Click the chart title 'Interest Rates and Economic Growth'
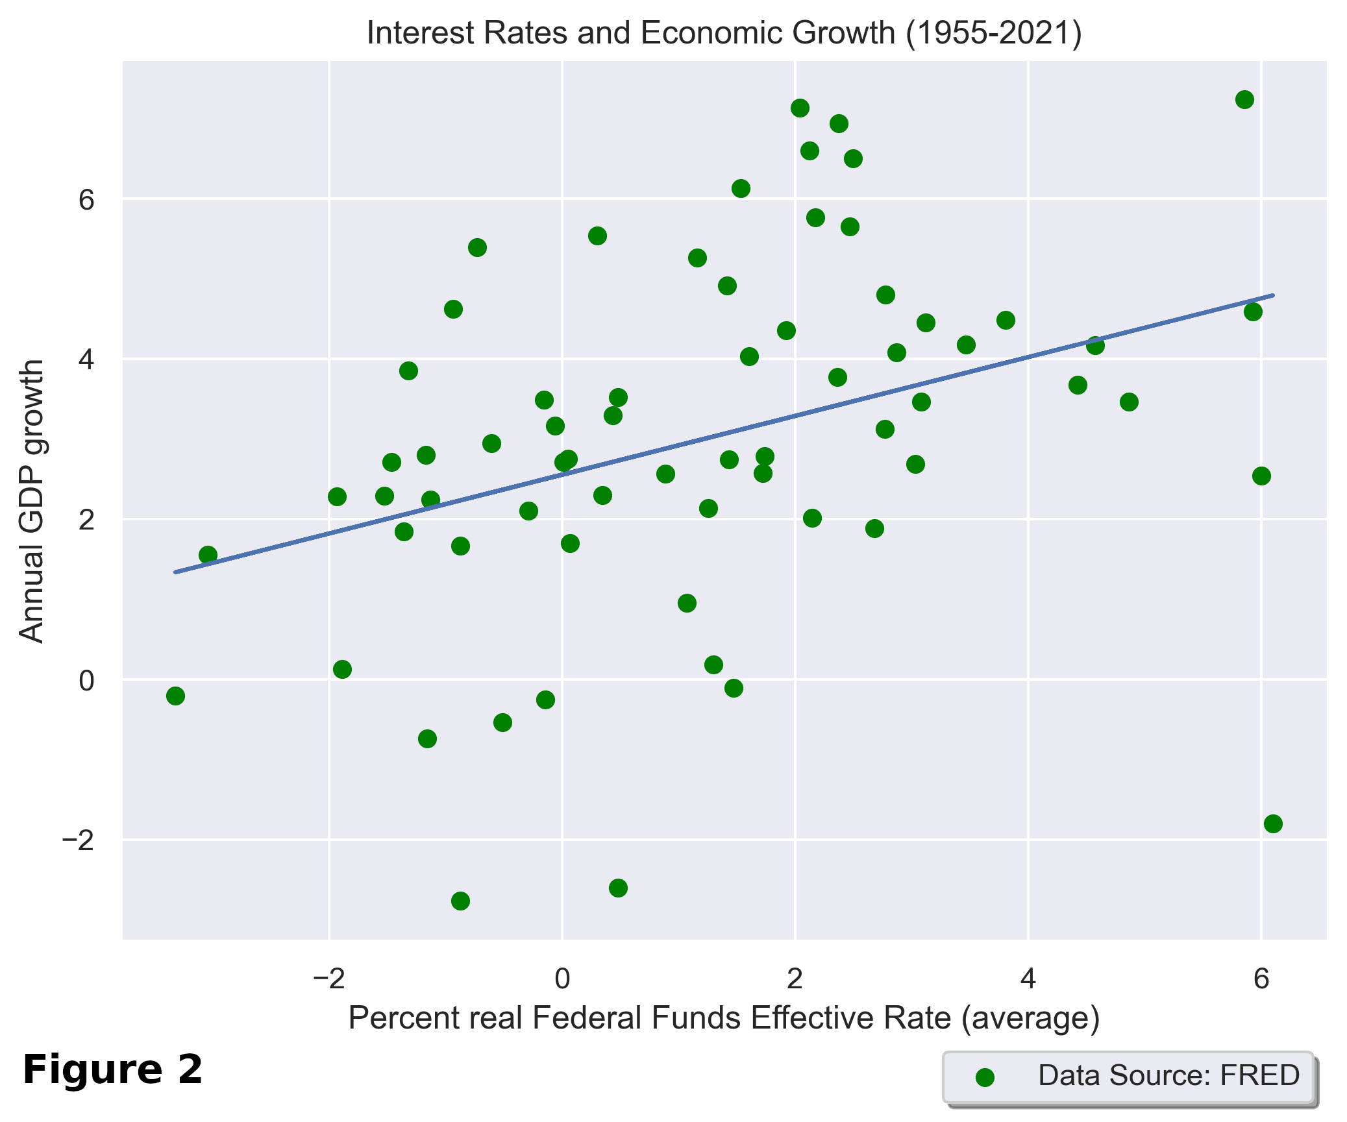724,32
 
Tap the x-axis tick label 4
1028,978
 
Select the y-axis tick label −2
78,840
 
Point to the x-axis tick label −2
329,978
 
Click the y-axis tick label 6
86,200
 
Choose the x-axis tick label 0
562,978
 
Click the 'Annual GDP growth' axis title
31,501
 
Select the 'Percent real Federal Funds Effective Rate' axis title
724,1018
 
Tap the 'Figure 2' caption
112,1069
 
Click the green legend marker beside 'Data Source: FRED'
985,1078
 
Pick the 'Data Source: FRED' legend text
1168,1075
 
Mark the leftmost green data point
175,696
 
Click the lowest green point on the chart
460,901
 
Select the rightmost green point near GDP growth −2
1273,823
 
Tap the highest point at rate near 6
1244,99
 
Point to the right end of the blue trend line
1274,295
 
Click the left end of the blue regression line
175,572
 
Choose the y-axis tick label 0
86,681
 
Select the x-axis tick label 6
1261,978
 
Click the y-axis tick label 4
86,359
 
